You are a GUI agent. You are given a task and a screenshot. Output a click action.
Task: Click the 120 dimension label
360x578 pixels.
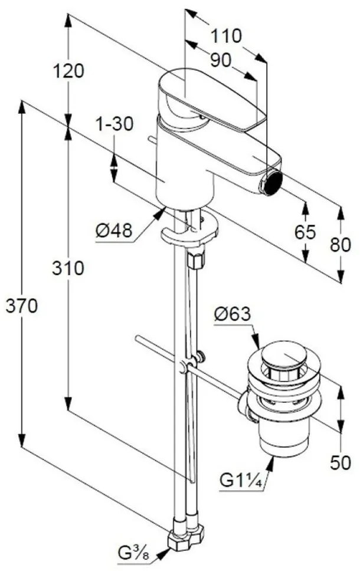[69, 71]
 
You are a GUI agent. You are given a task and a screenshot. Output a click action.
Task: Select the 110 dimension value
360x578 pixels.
[226, 36]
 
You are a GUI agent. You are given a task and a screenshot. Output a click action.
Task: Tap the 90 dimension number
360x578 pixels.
[221, 60]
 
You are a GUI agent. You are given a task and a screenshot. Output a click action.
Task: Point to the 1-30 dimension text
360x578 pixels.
[114, 124]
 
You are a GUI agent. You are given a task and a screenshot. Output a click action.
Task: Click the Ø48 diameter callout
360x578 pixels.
[113, 231]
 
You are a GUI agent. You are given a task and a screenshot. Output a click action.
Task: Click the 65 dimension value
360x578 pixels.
[305, 232]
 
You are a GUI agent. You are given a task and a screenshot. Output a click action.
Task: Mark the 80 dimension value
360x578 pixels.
[341, 244]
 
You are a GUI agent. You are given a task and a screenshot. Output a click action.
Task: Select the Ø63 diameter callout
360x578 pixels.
[233, 314]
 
